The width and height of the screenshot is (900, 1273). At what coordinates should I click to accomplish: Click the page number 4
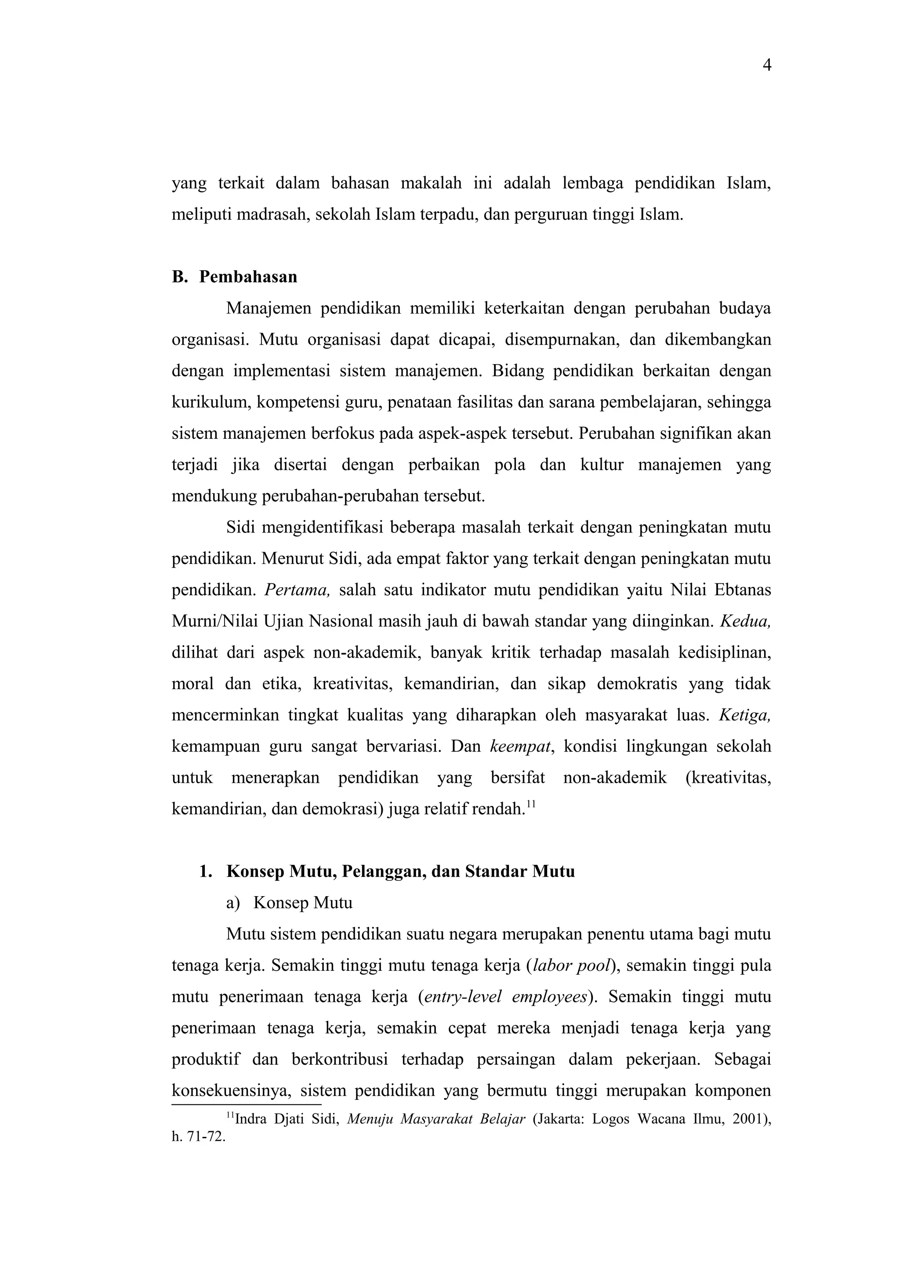767,66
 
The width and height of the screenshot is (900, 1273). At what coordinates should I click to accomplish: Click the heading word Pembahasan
248,277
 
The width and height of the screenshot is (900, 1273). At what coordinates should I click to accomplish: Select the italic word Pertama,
297,590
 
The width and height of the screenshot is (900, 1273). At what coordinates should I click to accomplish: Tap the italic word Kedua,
745,621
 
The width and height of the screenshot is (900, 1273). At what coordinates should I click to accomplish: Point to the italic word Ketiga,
745,715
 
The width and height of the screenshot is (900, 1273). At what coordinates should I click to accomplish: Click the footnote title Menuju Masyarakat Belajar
436,1119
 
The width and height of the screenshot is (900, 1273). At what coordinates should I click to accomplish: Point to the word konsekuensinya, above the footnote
231,1091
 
